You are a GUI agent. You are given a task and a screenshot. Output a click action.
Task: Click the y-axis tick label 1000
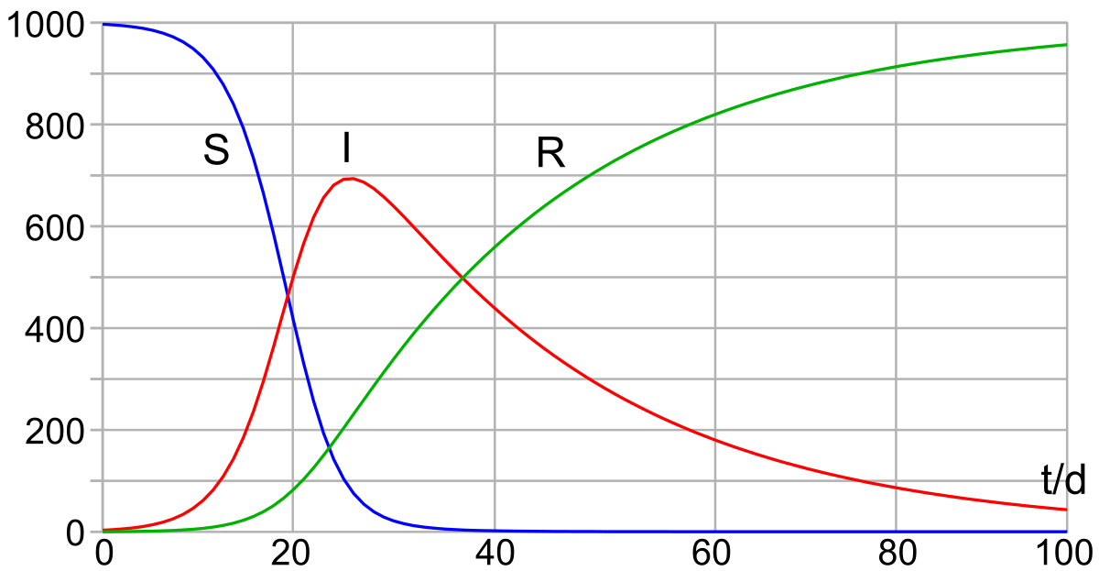pos(46,26)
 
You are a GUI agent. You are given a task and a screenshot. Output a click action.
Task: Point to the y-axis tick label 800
pos(54,127)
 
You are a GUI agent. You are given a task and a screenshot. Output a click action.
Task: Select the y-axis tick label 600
pos(54,229)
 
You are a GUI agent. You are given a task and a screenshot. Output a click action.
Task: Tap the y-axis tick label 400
pos(54,331)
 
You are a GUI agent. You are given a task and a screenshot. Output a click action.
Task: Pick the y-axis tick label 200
pos(54,433)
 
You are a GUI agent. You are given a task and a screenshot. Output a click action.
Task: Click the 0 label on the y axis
pos(75,533)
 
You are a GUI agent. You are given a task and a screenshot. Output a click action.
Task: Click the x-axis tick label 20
pos(290,554)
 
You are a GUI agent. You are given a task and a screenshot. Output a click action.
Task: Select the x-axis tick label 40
pos(495,554)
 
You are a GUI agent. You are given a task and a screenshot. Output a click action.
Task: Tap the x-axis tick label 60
pos(711,554)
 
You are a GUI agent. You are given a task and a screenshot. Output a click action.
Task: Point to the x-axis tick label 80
pos(898,554)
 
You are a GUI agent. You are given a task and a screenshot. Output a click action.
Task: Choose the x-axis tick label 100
pos(1064,554)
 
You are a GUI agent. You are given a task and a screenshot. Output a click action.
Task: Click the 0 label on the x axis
pos(104,554)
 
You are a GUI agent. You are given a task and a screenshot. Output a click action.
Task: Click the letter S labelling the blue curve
pos(216,149)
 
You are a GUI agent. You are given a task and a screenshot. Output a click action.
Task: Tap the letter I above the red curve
pos(347,148)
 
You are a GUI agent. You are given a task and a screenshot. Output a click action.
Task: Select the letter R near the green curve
pos(550,153)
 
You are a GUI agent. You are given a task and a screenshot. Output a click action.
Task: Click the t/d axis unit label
pos(1063,479)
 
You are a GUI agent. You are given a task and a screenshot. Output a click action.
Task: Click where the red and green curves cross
pos(462,279)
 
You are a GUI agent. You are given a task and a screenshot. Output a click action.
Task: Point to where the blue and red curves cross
pos(288,295)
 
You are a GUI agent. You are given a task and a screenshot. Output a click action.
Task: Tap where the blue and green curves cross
pos(330,446)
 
